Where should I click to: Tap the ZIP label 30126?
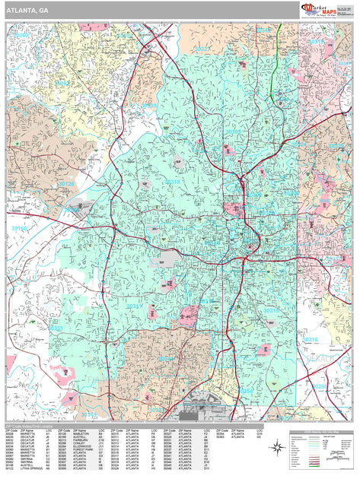67,184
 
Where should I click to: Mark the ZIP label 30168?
20,228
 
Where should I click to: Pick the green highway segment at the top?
276,61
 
